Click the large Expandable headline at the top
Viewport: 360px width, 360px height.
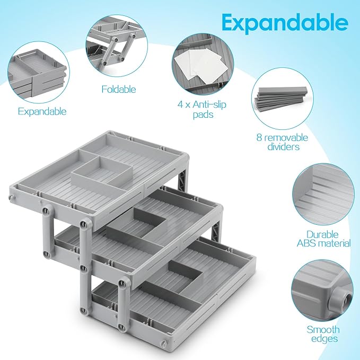coord(285,23)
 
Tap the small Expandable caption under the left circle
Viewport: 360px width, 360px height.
coord(42,111)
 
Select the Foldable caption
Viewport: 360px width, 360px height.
coord(119,90)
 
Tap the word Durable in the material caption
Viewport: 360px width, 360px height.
coord(328,233)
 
